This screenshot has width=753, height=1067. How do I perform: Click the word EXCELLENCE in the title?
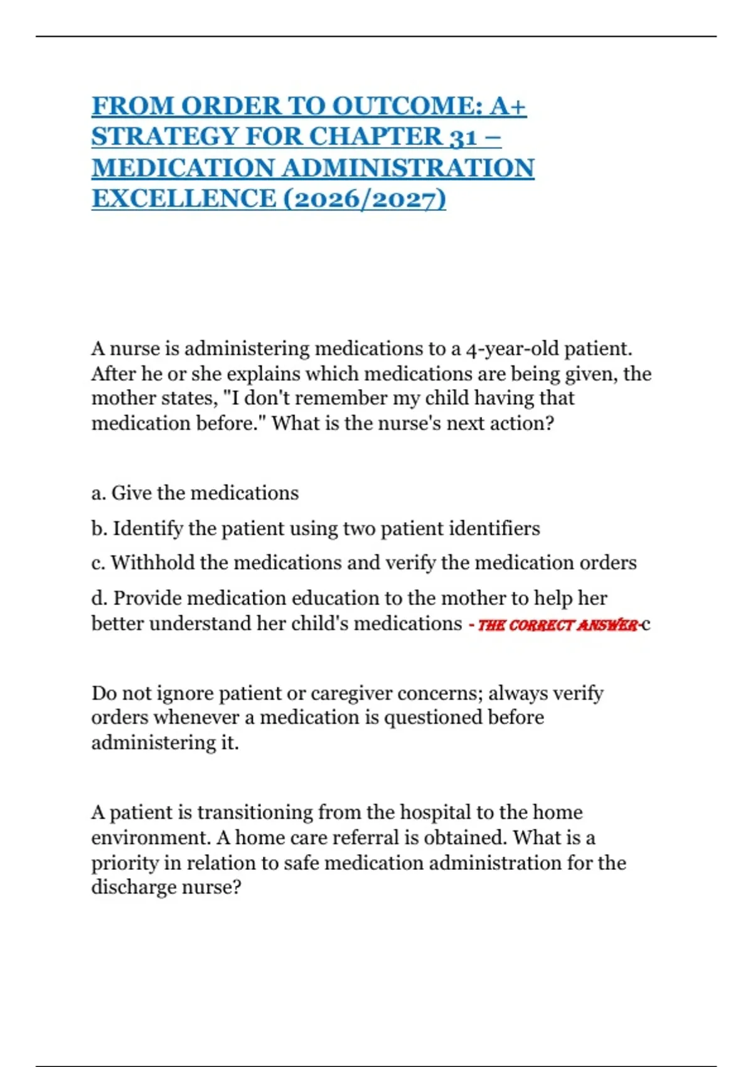coord(184,199)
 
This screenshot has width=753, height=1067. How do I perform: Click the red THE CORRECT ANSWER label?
coord(557,625)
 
